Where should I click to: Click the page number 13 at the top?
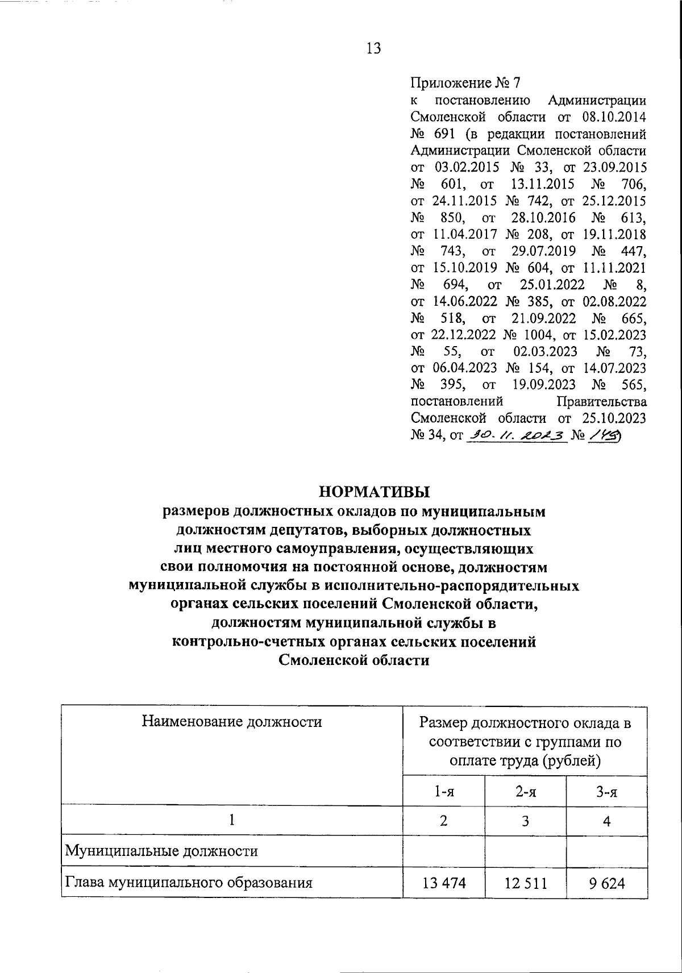373,49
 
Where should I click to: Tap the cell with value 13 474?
444,883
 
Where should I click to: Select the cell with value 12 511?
526,883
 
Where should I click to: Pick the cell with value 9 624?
608,883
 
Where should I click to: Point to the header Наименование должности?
232,722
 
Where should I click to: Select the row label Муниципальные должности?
162,851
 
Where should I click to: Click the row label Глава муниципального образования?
189,883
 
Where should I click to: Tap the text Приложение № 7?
465,84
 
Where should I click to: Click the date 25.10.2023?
614,419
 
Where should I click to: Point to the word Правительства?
601,402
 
